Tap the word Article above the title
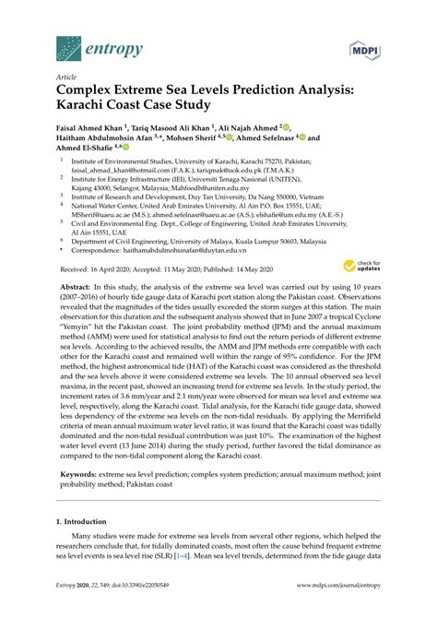[x=66, y=77]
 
